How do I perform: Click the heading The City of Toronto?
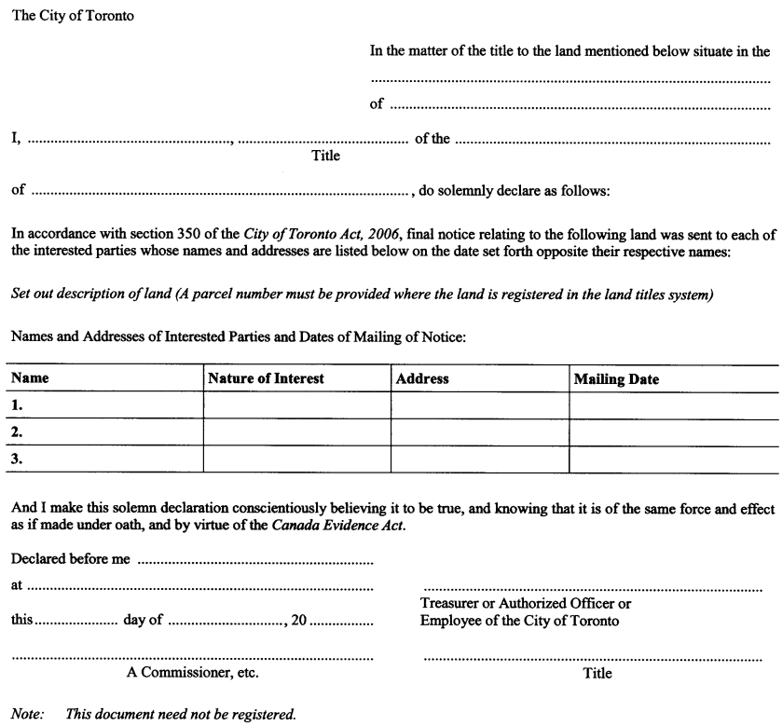click(x=72, y=17)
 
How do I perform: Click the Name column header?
click(x=30, y=379)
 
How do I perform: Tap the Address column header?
click(x=422, y=379)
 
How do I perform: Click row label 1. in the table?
click(x=17, y=406)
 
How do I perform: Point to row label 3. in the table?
click(x=17, y=459)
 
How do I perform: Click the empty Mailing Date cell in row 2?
click(x=673, y=432)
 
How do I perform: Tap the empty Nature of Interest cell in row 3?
click(x=295, y=459)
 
